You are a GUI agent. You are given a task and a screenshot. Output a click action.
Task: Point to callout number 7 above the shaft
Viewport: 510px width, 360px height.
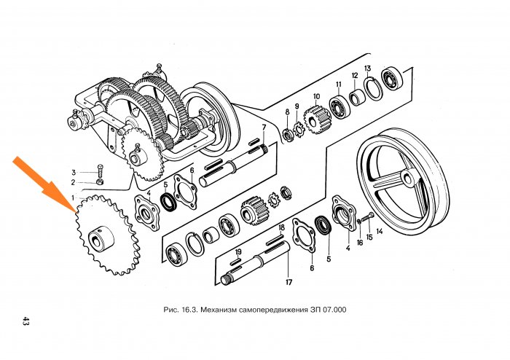click(x=264, y=128)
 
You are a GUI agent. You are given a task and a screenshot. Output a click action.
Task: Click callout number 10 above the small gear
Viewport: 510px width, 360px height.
click(x=317, y=96)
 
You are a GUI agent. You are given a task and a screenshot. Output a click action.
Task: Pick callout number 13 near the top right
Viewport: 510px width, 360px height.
click(x=368, y=69)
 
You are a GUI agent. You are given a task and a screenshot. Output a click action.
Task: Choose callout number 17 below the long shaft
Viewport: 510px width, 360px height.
click(x=289, y=282)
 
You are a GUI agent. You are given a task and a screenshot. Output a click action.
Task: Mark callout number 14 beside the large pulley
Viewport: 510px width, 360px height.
click(x=379, y=232)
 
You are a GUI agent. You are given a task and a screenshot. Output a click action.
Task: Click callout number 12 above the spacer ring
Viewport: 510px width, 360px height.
click(x=354, y=76)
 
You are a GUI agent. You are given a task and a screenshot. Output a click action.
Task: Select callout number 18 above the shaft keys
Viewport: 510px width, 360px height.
click(x=280, y=227)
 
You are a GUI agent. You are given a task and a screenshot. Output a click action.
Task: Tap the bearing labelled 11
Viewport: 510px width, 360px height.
click(x=339, y=106)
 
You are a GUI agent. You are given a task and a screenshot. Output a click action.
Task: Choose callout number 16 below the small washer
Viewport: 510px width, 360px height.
click(x=359, y=242)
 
